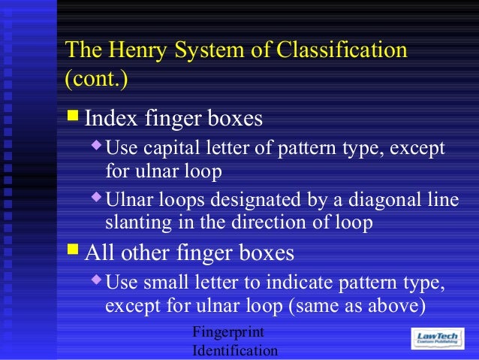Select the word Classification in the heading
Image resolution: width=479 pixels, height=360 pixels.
click(x=342, y=50)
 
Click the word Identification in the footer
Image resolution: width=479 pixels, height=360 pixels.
click(x=235, y=350)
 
